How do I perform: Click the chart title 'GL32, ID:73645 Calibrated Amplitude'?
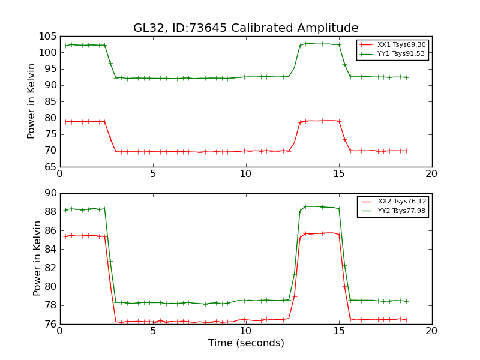245,28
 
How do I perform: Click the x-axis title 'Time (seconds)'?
246,343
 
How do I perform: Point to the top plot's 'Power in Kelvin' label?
32,101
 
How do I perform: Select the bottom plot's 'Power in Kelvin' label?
38,258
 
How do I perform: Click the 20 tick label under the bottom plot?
431,331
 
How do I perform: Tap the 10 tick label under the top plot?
245,173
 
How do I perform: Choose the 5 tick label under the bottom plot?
153,331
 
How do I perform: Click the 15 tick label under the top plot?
338,173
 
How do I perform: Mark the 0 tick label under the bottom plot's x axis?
60,331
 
